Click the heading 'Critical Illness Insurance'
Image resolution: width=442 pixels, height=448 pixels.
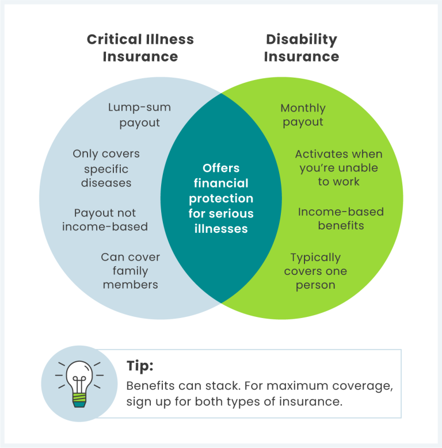(x=140, y=48)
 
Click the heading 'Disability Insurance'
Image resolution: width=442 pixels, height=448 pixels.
(x=302, y=48)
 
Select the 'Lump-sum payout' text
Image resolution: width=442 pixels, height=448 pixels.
(x=139, y=114)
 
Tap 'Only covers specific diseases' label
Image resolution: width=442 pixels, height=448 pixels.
(x=106, y=169)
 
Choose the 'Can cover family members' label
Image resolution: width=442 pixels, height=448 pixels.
(x=130, y=270)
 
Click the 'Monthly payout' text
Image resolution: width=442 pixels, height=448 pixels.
(x=303, y=114)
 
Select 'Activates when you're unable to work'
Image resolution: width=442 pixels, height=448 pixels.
(x=338, y=168)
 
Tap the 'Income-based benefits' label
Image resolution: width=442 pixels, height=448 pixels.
(x=341, y=219)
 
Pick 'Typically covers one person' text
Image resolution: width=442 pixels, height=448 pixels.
(x=315, y=271)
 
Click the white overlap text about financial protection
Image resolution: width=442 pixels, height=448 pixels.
(x=221, y=198)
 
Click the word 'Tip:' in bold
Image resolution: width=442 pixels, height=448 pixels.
(x=140, y=366)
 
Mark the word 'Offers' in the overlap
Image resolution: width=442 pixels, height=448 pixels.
(x=221, y=169)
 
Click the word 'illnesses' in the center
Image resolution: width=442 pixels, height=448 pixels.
(x=221, y=228)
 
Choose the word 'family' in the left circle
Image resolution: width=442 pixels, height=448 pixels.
(x=130, y=270)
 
